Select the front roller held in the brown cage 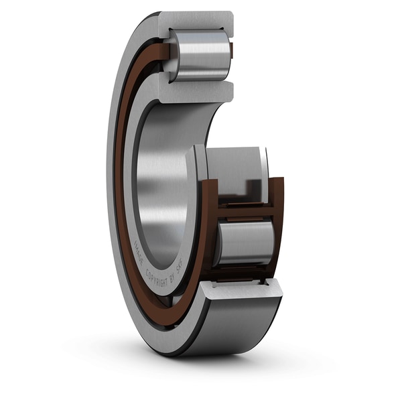(244, 242)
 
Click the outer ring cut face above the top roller (198, 20)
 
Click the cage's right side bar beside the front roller (278, 228)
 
